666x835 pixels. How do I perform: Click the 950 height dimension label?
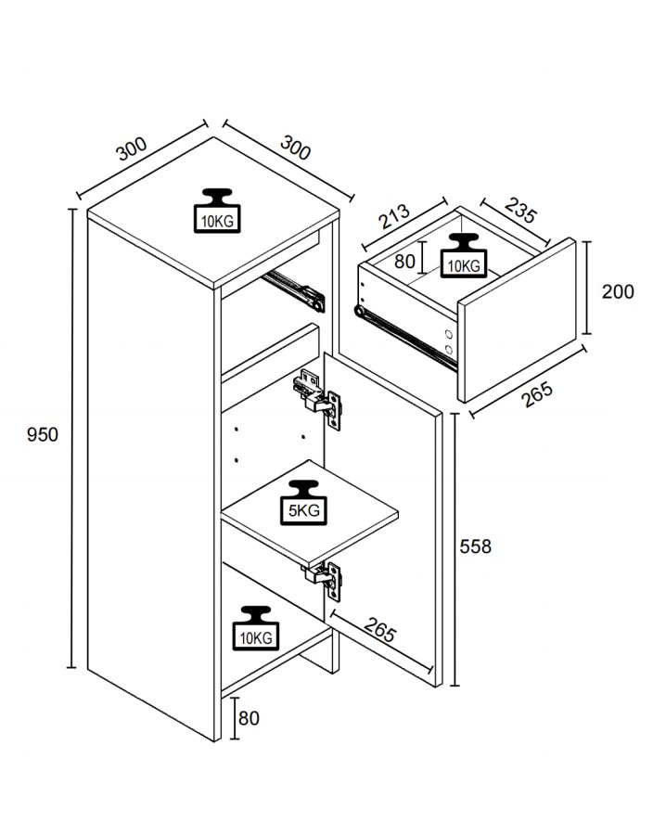[43, 434]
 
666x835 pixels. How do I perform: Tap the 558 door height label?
[476, 546]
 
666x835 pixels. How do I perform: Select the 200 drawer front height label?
[618, 291]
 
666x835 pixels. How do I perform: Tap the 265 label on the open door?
[378, 632]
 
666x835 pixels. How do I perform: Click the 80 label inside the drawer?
[405, 261]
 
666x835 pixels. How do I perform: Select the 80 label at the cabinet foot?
[249, 717]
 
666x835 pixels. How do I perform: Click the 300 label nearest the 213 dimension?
[295, 147]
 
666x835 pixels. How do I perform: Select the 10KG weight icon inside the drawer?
[463, 256]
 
